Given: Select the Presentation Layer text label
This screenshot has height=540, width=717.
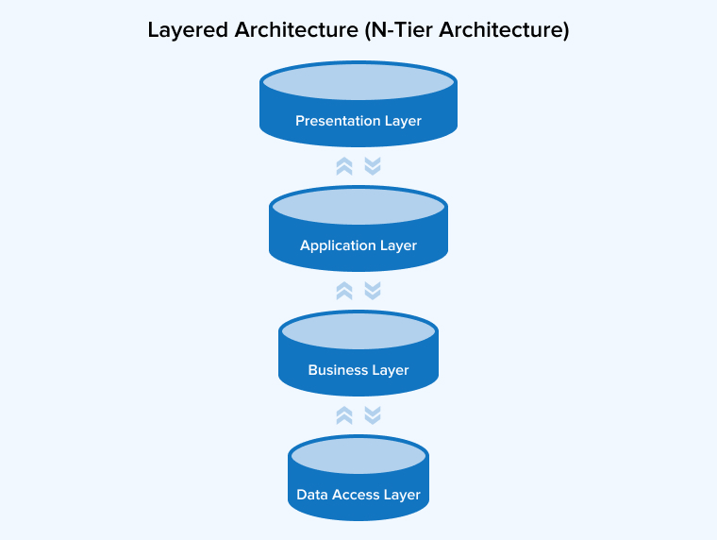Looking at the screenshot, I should coord(358,121).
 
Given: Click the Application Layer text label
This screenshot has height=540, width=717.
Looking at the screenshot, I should coord(358,245).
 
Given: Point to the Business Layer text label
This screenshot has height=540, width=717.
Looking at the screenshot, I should coord(358,370).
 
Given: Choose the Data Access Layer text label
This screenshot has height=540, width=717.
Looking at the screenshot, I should coord(358,495).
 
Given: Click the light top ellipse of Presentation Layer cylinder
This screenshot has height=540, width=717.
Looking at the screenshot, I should coord(358,82).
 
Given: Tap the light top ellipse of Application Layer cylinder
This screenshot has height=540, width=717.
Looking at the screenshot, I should coord(358,207).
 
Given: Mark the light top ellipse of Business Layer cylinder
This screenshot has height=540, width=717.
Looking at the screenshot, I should coord(358,331).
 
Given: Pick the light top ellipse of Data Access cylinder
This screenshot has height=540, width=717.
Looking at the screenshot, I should coord(358,456).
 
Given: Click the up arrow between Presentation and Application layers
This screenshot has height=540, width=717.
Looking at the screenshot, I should coord(344,166).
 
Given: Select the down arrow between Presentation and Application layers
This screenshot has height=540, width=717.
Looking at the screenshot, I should coord(373,166).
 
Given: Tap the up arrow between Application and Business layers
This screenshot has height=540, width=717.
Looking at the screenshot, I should coord(344,291).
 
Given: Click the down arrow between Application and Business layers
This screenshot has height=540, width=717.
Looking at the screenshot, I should coord(373,291).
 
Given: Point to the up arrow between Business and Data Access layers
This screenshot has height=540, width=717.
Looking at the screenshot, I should coord(344,415).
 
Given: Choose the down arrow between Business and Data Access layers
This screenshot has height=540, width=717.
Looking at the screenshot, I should coord(373,415).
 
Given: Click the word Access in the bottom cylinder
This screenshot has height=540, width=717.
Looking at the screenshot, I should coord(356,495).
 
